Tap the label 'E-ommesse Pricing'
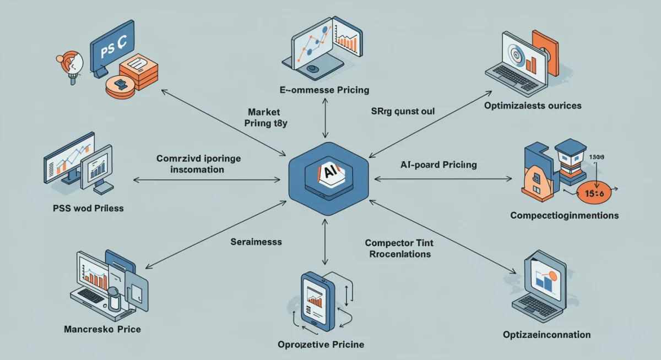coord(323,90)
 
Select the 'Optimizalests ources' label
coord(532,105)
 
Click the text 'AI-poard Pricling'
coord(438,165)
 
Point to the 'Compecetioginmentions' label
coord(564,215)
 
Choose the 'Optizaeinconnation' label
coord(546,335)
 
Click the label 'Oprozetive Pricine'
coord(321,345)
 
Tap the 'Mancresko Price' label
coord(102,329)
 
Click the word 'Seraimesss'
coord(256,242)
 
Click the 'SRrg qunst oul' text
coord(403,111)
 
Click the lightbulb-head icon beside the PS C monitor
coord(70,62)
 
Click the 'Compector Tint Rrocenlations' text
coord(398,248)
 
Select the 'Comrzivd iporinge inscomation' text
coord(198,164)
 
